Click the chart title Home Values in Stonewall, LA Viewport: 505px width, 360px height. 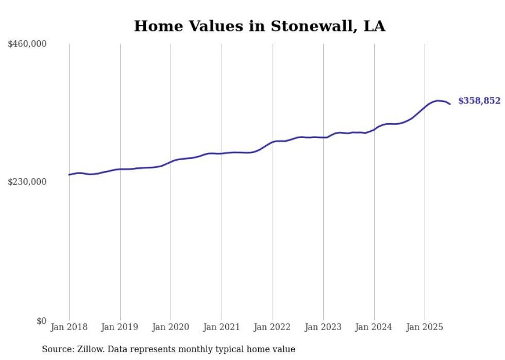[x=259, y=26]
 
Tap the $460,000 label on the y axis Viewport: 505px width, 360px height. [x=27, y=44]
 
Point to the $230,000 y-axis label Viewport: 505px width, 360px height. [x=27, y=182]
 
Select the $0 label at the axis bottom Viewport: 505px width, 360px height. [x=41, y=321]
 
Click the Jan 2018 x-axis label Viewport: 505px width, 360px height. [x=69, y=327]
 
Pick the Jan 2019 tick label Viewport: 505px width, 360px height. [x=120, y=327]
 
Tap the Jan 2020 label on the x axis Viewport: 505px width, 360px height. [x=171, y=327]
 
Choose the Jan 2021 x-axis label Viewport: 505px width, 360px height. [x=222, y=327]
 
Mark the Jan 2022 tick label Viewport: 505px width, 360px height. [x=272, y=327]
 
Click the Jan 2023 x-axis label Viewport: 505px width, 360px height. [x=323, y=327]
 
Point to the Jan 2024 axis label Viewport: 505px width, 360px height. [x=374, y=327]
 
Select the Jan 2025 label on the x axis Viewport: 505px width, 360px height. [x=425, y=327]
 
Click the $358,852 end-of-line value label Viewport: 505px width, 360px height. [x=479, y=101]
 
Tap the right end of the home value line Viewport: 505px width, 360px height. [x=450, y=104]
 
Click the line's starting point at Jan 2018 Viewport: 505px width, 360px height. [x=69, y=175]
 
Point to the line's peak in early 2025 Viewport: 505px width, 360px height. [x=437, y=100]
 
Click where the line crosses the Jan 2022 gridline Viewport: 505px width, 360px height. [x=272, y=142]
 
